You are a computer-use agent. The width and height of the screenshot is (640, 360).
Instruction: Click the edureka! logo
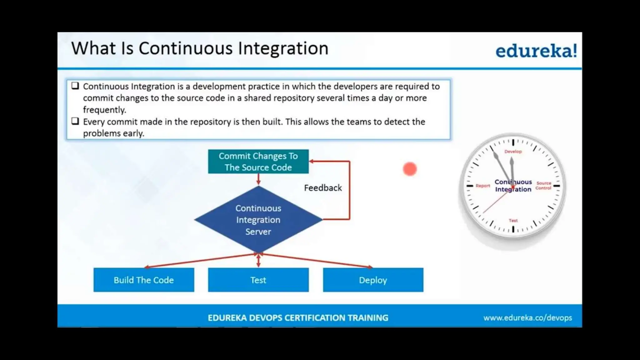(536, 51)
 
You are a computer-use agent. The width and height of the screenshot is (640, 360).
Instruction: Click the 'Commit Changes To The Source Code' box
(258, 162)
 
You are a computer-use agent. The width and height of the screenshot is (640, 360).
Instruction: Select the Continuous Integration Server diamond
(258, 220)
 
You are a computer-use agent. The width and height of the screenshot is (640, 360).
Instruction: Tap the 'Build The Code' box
(144, 280)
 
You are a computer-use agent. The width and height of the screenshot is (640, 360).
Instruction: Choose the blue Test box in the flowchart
(258, 280)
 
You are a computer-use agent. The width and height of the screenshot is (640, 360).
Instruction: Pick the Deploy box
(373, 280)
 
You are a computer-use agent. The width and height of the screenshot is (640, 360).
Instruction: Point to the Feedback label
(323, 188)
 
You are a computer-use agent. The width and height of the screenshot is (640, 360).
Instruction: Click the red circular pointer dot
(410, 169)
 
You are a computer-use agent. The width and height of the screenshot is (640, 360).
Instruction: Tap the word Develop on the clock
(513, 152)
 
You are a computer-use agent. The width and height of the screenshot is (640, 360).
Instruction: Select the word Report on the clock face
(483, 186)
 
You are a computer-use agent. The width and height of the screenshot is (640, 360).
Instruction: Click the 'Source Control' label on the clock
(543, 186)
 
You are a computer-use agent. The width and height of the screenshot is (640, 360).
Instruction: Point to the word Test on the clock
(513, 221)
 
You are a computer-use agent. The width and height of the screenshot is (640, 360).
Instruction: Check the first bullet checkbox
(75, 86)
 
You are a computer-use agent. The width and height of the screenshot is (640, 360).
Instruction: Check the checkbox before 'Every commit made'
(75, 121)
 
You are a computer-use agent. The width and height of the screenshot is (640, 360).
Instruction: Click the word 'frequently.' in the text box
(104, 110)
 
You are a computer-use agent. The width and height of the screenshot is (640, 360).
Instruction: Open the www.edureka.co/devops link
(527, 318)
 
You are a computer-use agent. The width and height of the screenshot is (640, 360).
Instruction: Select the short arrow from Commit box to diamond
(258, 179)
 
